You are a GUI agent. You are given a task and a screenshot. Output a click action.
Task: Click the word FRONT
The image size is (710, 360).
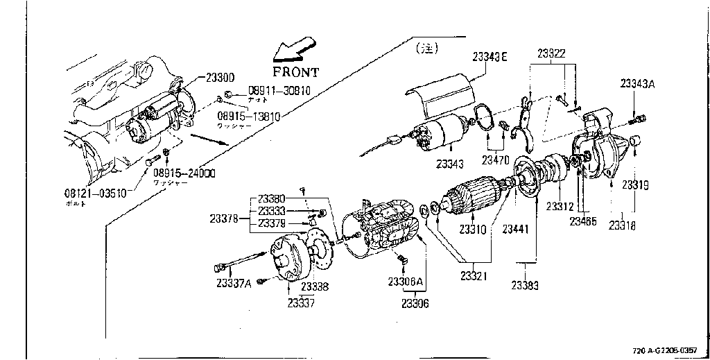coord(295,71)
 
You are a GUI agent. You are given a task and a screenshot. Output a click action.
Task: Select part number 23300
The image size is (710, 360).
coord(220,77)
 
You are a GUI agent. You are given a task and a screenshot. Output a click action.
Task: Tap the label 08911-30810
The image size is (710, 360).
coord(279,92)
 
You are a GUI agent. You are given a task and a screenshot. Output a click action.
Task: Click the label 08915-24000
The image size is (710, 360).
coord(184,173)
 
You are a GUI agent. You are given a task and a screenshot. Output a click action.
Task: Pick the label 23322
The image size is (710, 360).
coord(551,53)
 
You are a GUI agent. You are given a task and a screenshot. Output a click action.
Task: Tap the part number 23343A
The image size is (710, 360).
coord(638,83)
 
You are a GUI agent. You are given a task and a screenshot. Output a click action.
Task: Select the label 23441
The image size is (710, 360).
coord(516,229)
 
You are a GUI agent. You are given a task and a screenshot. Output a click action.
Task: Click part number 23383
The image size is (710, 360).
coord(526,285)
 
